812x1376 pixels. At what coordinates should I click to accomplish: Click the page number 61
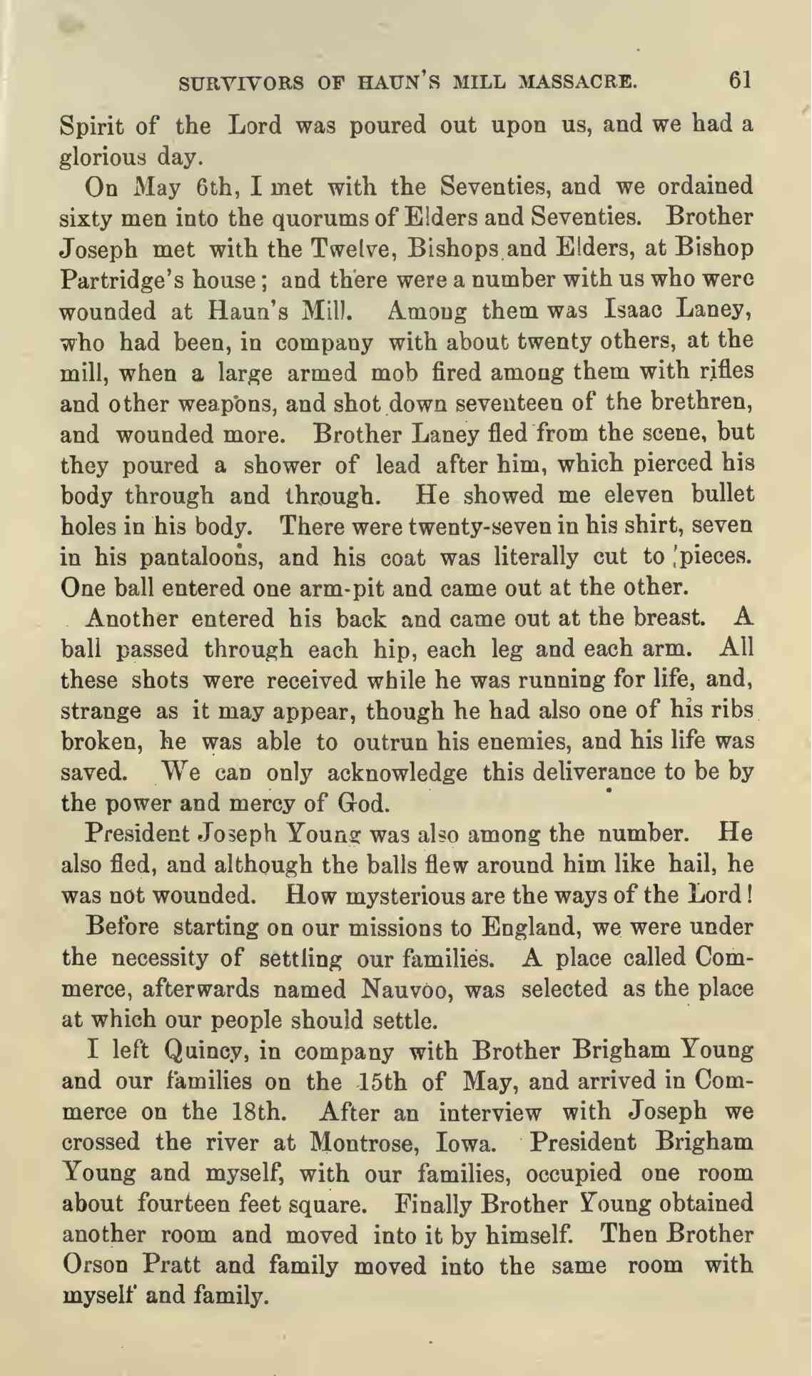coord(740,81)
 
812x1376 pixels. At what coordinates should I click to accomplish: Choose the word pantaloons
coord(194,556)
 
